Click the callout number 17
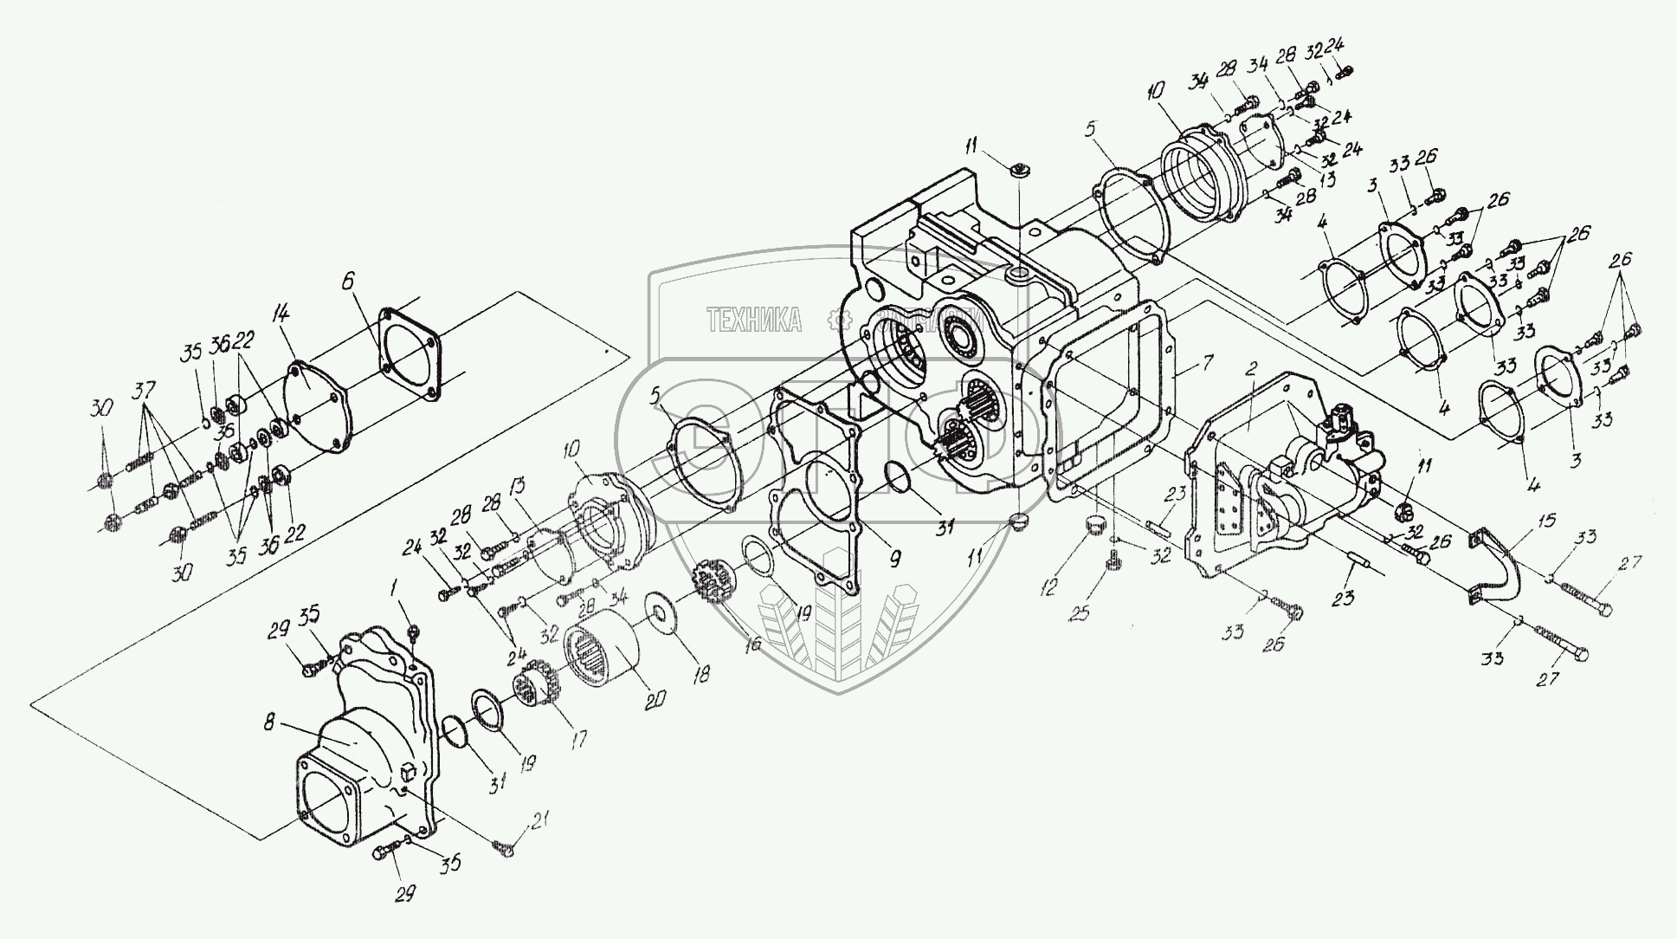coord(577,739)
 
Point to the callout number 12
coord(1049,588)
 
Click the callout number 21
coord(539,819)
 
